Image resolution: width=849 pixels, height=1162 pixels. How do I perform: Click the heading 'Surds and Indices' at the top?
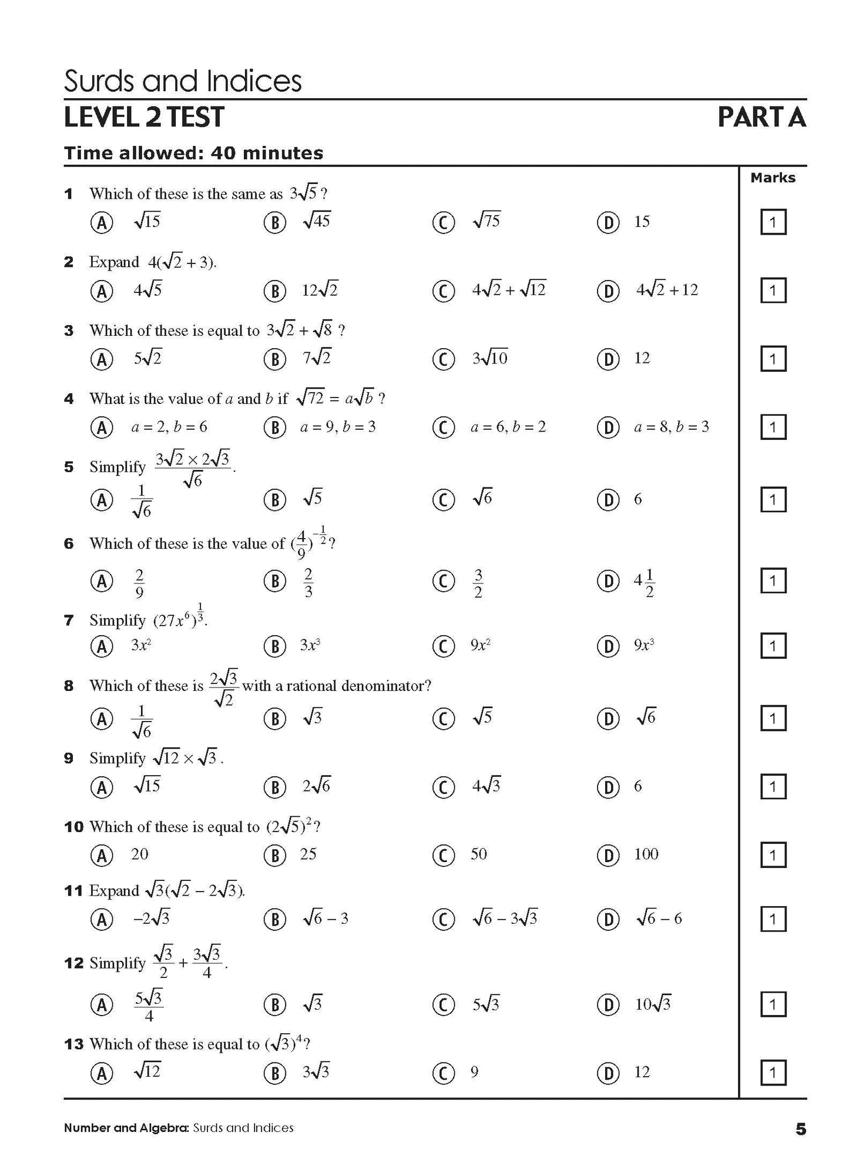tap(182, 81)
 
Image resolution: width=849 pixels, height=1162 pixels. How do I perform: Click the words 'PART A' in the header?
tap(761, 118)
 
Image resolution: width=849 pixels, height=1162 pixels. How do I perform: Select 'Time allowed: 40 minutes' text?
tap(193, 153)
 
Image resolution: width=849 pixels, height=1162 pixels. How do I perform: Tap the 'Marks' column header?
tap(773, 178)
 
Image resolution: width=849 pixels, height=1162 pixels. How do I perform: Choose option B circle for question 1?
tap(274, 222)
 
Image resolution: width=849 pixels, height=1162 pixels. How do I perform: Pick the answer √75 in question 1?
tap(486, 221)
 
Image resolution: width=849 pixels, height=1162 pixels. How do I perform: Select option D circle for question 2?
tap(608, 291)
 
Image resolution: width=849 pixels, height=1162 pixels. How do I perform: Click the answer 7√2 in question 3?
tap(317, 358)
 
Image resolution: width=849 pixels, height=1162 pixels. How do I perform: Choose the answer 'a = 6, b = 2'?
tap(508, 427)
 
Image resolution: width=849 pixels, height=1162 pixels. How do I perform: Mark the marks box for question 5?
tap(773, 500)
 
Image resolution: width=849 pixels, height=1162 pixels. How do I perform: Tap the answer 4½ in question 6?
tap(644, 582)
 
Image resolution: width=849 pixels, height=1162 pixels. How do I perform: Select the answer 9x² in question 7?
tap(480, 646)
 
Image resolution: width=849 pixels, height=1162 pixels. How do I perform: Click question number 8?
tap(69, 686)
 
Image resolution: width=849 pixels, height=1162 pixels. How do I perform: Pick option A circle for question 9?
tap(102, 787)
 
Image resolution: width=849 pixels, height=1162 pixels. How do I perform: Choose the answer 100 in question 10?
tap(646, 854)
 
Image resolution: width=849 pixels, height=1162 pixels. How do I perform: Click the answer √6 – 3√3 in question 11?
tap(505, 919)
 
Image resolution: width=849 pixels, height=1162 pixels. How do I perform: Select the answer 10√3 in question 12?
tap(652, 1004)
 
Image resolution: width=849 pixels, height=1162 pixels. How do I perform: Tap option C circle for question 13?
tap(443, 1074)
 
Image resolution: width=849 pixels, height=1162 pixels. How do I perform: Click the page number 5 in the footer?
tap(801, 1129)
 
